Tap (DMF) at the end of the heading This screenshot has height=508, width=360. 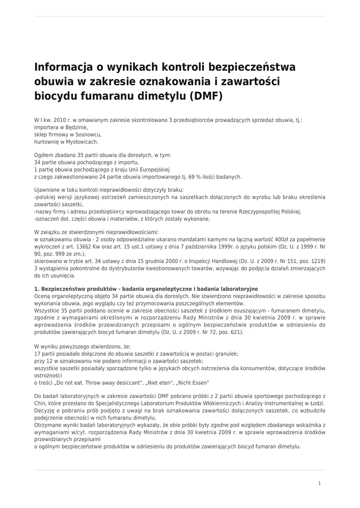click(205, 96)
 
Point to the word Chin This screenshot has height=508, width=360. click(41, 404)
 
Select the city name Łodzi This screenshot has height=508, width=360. click(316, 404)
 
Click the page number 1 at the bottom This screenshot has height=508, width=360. click(319, 483)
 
